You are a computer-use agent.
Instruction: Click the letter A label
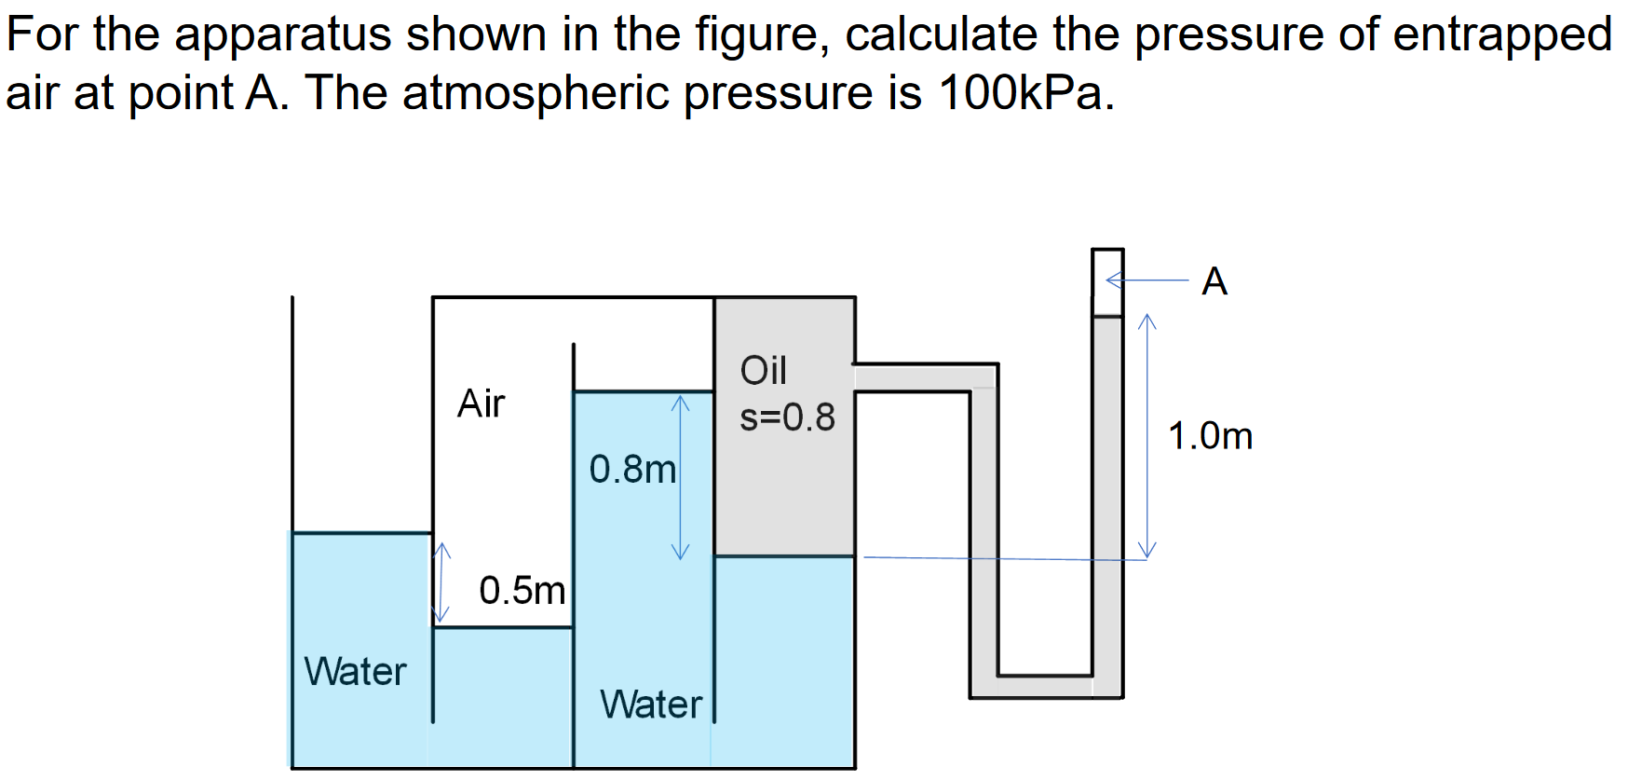pos(1214,281)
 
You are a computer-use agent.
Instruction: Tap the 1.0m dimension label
pos(1210,436)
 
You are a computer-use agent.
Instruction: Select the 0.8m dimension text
pos(632,470)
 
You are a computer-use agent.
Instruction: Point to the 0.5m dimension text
pos(522,591)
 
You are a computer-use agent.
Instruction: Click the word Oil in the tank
pos(763,371)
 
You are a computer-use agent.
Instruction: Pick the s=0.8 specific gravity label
pos(787,417)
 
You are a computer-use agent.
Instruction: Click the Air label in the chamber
pos(481,404)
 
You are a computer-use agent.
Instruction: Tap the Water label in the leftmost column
pos(355,672)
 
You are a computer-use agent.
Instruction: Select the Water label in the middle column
pos(650,705)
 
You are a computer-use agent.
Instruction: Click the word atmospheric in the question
pos(536,93)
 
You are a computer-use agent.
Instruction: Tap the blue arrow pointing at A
pos(1146,280)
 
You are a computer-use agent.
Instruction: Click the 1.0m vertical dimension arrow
pos(1147,435)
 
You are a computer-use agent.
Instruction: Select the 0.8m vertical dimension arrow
pos(681,476)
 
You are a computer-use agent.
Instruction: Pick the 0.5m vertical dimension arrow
pos(441,583)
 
